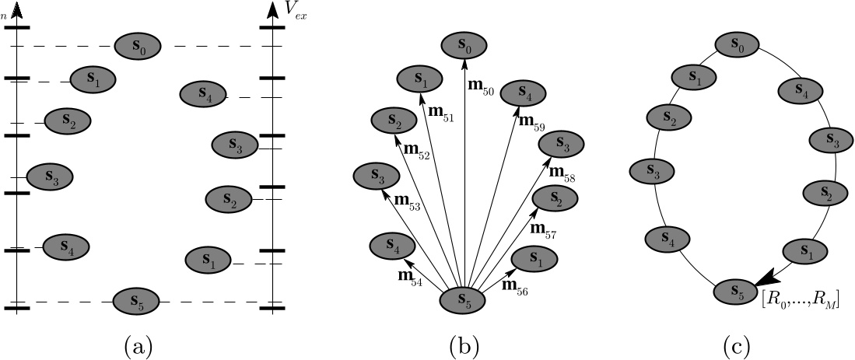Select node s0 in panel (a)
[138, 47]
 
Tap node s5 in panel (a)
[136, 299]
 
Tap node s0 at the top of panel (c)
[738, 47]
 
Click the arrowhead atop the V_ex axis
[272, 10]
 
